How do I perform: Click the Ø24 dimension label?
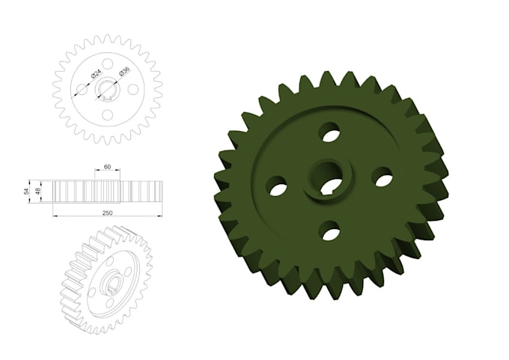click(97, 74)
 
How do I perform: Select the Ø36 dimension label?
click(124, 70)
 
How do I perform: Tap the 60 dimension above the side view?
click(107, 167)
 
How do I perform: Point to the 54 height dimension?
click(27, 191)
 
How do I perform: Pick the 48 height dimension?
click(37, 191)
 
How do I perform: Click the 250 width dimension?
click(107, 213)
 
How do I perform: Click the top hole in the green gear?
click(329, 132)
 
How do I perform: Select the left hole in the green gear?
click(278, 186)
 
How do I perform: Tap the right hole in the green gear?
click(383, 178)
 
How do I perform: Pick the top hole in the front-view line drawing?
click(108, 64)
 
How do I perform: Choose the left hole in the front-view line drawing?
click(82, 89)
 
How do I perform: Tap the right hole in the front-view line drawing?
click(133, 89)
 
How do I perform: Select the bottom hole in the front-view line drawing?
click(108, 115)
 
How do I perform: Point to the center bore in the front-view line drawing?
click(108, 90)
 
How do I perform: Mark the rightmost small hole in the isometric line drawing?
click(128, 272)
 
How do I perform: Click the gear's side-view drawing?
click(107, 191)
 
